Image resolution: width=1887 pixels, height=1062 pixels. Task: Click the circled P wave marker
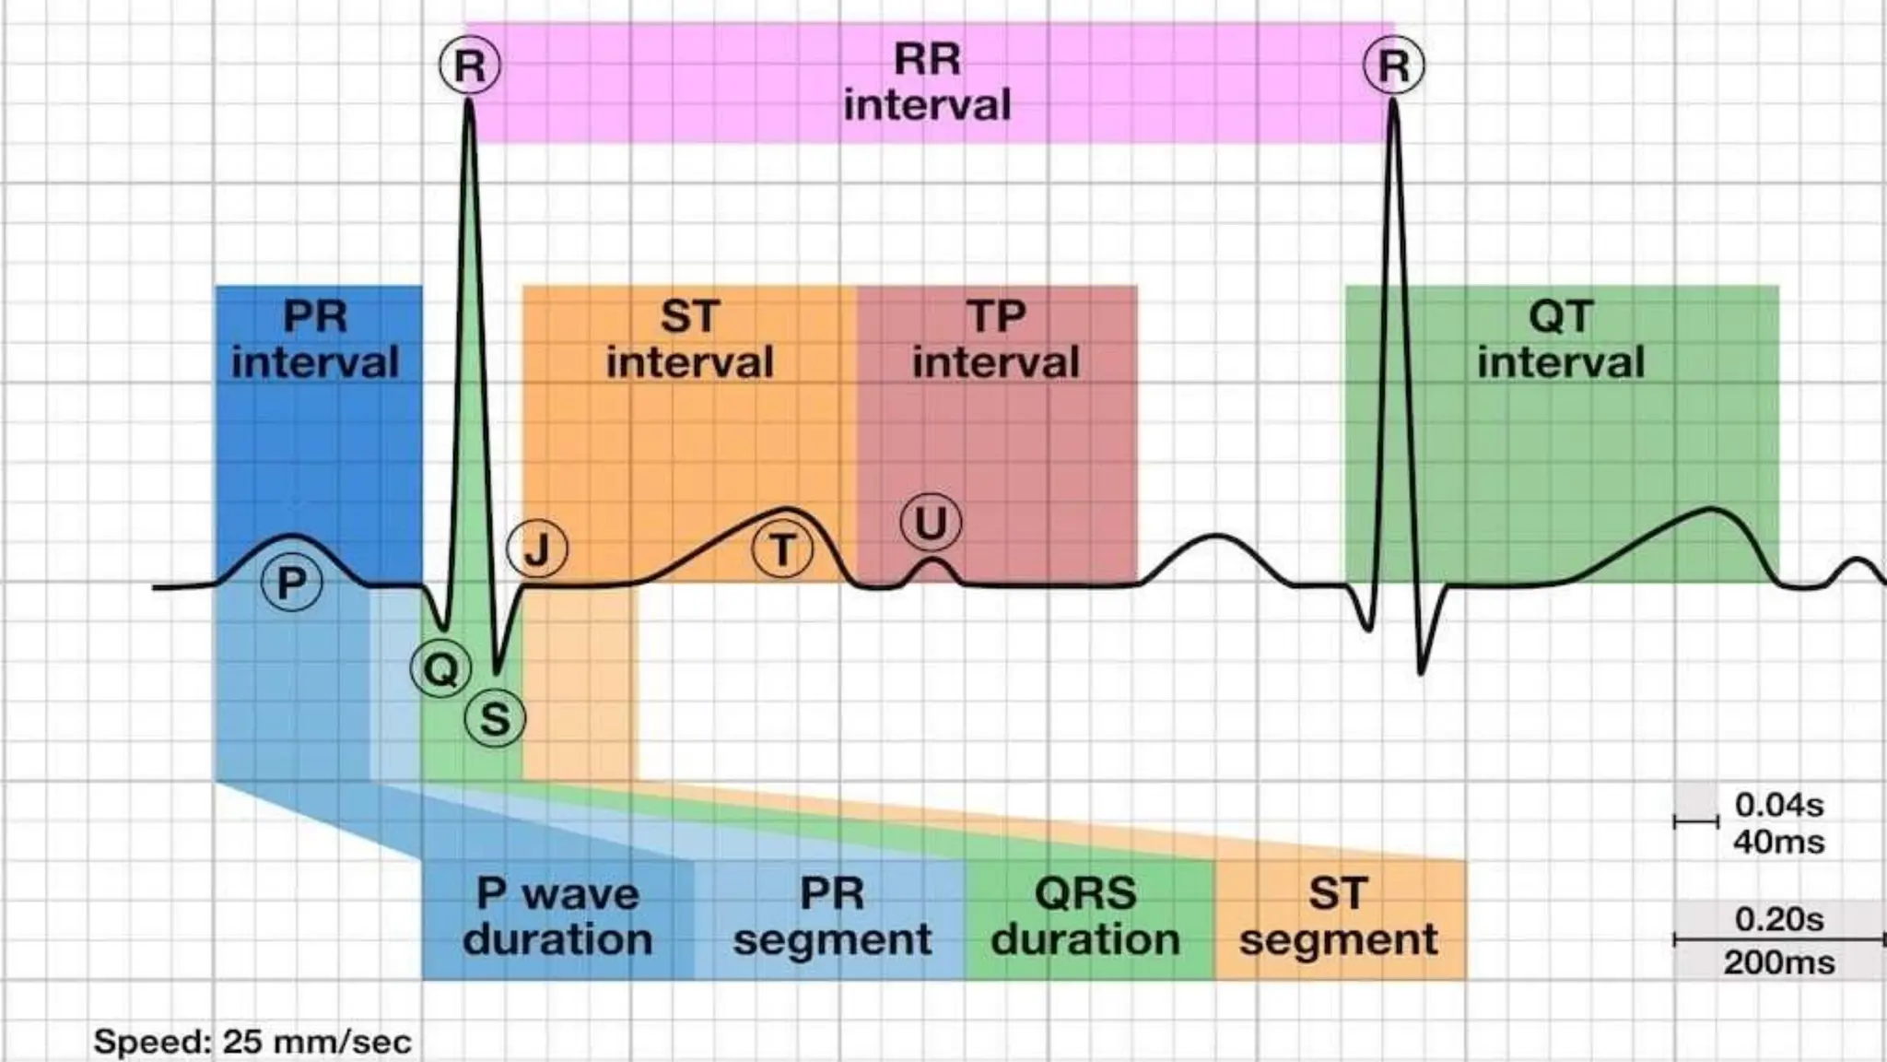(292, 583)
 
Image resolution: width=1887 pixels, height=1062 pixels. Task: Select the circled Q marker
(440, 668)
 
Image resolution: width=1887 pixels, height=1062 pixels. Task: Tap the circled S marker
(495, 718)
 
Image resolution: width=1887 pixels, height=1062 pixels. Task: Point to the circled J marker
(537, 549)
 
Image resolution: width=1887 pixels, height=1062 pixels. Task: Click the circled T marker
(782, 550)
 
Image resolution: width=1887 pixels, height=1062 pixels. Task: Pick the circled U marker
(931, 523)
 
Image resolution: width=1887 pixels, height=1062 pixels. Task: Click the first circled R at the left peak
(470, 65)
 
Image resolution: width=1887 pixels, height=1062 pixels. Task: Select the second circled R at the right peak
(1393, 65)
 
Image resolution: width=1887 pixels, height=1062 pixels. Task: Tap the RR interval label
(927, 82)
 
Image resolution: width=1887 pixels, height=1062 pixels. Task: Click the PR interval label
(315, 339)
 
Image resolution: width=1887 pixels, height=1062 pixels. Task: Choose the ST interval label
(689, 339)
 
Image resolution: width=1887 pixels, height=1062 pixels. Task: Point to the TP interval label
(996, 339)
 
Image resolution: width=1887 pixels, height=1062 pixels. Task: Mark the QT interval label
(1561, 339)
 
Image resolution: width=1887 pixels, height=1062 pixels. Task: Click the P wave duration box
(557, 917)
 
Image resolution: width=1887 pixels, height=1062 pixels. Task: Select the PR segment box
(832, 917)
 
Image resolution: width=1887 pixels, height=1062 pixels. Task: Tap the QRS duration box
(1085, 917)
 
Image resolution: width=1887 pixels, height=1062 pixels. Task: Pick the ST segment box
(1338, 917)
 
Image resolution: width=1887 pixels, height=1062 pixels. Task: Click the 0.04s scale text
(1778, 805)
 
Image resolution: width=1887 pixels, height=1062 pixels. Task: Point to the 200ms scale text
(1778, 962)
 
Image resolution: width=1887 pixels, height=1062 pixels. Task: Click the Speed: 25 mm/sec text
(252, 1042)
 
